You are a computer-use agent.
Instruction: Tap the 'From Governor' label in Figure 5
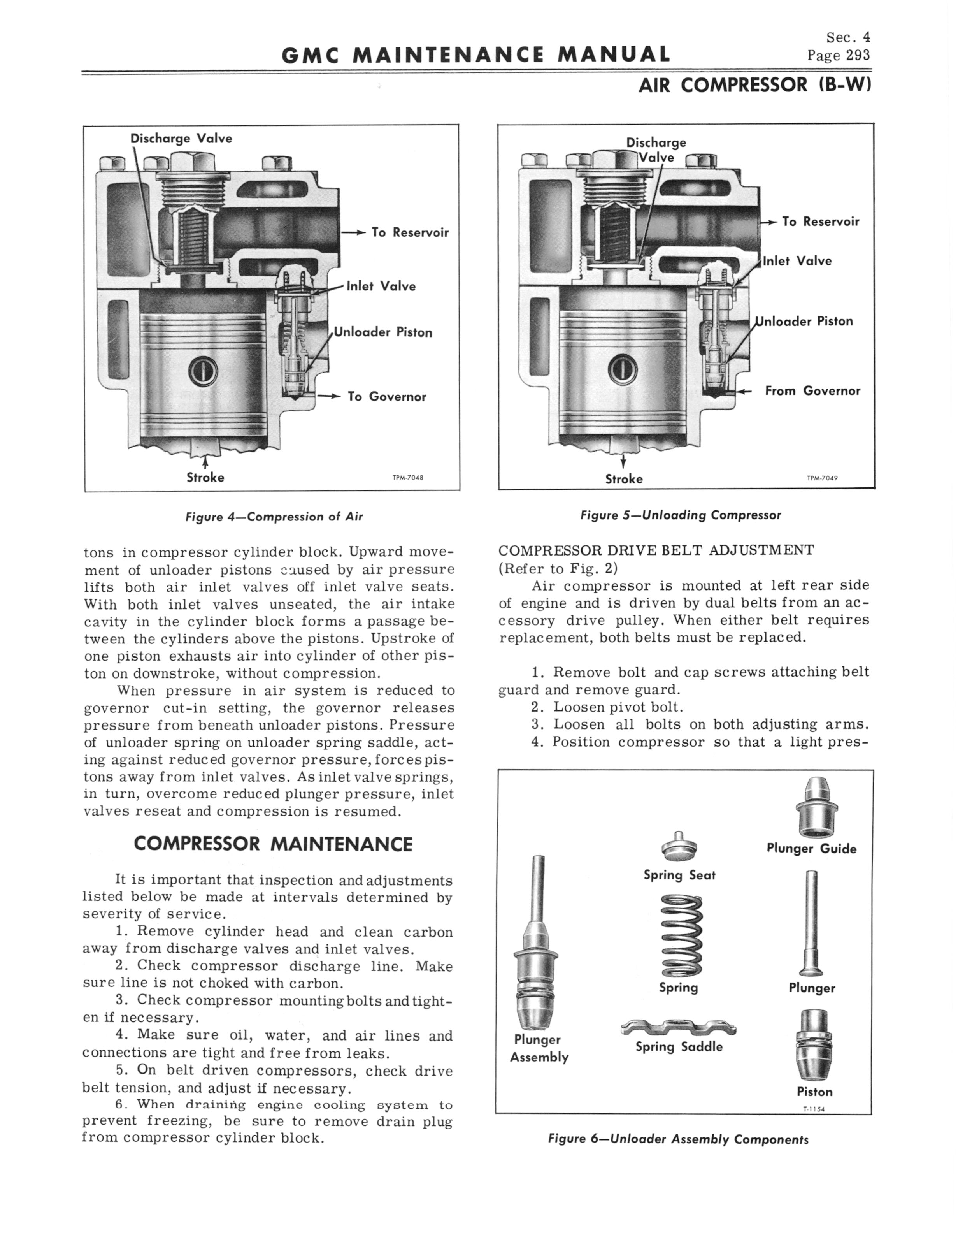coord(812,391)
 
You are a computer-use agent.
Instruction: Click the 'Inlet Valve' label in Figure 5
coord(797,261)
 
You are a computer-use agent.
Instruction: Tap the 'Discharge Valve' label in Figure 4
coord(181,139)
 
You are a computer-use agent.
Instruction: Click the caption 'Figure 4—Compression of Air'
coord(274,517)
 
